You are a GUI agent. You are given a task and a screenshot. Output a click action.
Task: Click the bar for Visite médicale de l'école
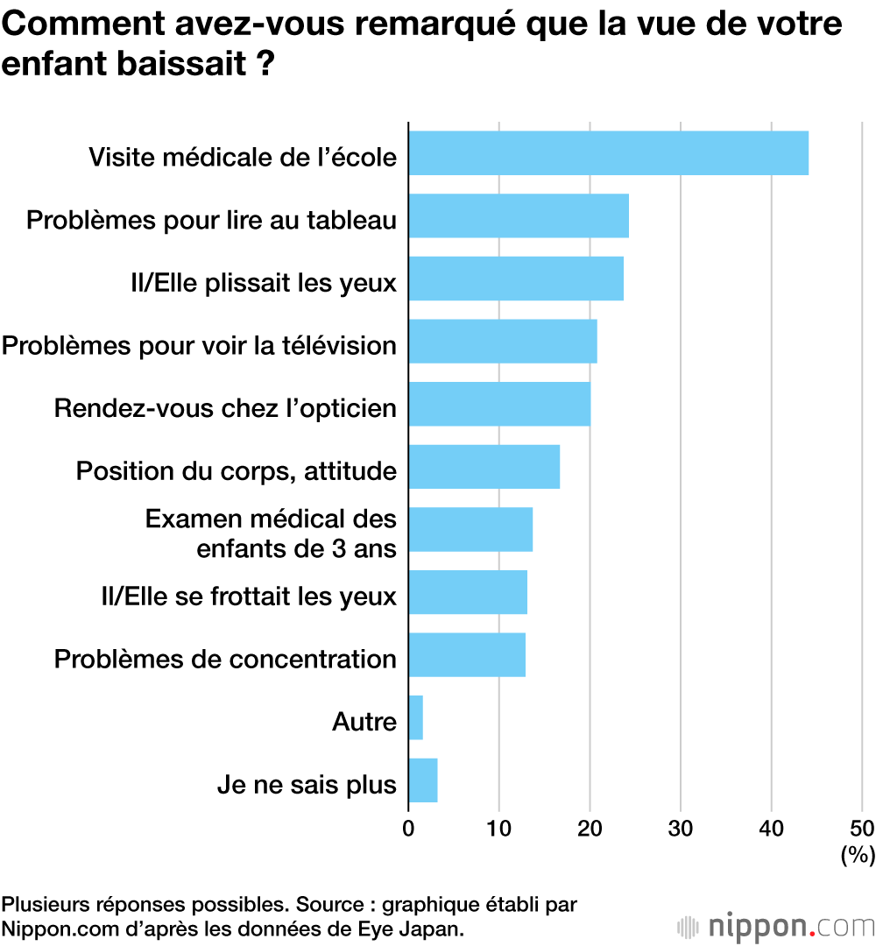pyautogui.click(x=608, y=152)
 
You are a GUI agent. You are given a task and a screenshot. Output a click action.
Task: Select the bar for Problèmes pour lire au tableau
pyautogui.click(x=519, y=215)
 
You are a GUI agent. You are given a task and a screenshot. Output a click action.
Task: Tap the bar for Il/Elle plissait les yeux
pyautogui.click(x=516, y=279)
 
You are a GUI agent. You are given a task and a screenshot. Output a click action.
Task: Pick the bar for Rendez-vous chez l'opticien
pyautogui.click(x=499, y=404)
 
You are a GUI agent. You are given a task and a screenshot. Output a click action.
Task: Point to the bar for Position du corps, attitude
pyautogui.click(x=484, y=467)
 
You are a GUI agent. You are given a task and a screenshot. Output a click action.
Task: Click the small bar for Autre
pyautogui.click(x=415, y=717)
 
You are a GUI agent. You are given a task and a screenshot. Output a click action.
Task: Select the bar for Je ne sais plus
pyautogui.click(x=422, y=780)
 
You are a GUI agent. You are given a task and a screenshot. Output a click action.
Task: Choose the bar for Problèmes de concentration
pyautogui.click(x=467, y=655)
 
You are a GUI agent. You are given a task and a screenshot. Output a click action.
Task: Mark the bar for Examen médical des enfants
pyautogui.click(x=470, y=529)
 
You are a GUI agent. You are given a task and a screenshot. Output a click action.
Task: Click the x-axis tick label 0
pyautogui.click(x=408, y=828)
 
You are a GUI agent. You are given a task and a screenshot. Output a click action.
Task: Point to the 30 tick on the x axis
pyautogui.click(x=681, y=828)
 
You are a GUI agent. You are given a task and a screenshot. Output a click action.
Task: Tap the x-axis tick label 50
pyautogui.click(x=861, y=828)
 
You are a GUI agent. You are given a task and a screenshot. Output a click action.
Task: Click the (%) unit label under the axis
pyautogui.click(x=857, y=855)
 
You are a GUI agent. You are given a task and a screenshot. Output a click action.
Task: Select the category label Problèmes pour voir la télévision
pyautogui.click(x=199, y=345)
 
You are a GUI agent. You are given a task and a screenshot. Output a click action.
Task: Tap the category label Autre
pyautogui.click(x=364, y=723)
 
